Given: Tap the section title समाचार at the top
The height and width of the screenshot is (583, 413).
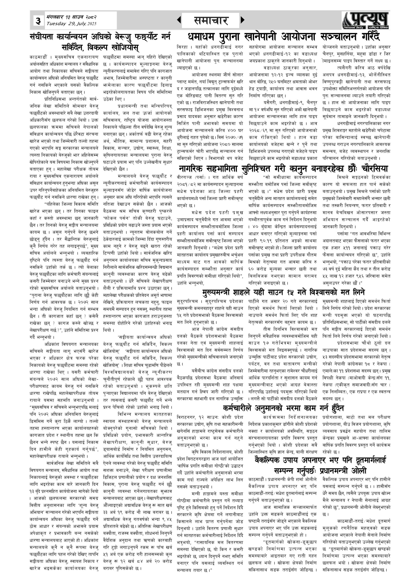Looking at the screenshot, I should click(210, 20).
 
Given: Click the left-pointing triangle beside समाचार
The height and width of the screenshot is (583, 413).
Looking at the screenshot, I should click(179, 20).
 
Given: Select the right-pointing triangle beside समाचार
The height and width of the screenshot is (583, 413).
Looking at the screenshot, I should click(242, 20).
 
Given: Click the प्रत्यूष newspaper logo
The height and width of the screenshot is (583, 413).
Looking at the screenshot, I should click(365, 20).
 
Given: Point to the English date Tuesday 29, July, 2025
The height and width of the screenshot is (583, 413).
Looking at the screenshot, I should click(71, 24).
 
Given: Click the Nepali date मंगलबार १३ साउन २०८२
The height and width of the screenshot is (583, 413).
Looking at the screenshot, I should click(71, 17).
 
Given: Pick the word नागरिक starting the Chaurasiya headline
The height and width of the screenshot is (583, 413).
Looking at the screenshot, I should click(192, 169).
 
